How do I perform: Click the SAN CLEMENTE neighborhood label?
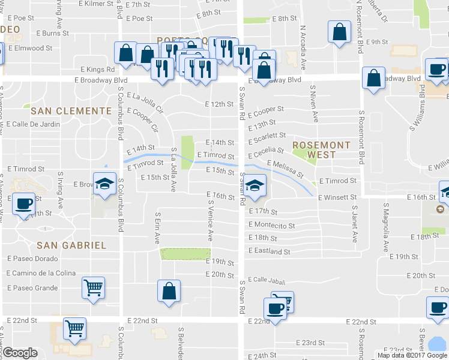pos(71,111)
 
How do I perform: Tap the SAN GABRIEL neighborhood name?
pos(71,245)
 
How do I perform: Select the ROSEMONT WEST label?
pos(321,150)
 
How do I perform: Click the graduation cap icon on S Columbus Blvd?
pos(104,184)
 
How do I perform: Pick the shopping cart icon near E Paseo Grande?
pos(93,289)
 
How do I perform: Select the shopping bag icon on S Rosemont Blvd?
pos(373,79)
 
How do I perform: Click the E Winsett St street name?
pos(338,197)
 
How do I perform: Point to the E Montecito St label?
pos(272,226)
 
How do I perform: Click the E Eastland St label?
pos(270,251)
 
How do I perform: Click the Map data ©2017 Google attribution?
pos(412,355)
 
